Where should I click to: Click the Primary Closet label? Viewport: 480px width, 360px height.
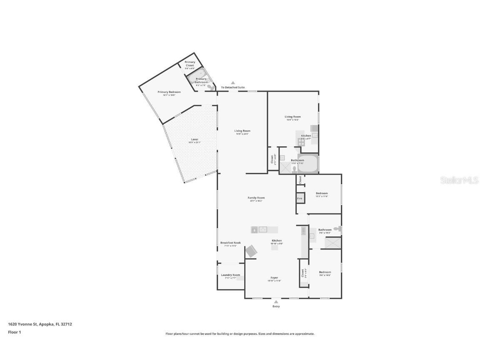pyautogui.click(x=190, y=64)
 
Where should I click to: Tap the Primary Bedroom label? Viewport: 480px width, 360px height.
pyautogui.click(x=169, y=92)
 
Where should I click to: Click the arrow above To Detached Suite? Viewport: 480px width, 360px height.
pyautogui.click(x=233, y=83)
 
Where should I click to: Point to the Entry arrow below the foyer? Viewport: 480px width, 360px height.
pyautogui.click(x=276, y=302)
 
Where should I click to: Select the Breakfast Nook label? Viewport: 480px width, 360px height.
pyautogui.click(x=230, y=243)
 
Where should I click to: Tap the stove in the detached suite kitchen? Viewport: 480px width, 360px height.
pyautogui.click(x=301, y=142)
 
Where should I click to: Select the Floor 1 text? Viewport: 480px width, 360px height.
pyautogui.click(x=14, y=332)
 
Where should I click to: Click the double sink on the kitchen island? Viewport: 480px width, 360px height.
pyautogui.click(x=263, y=229)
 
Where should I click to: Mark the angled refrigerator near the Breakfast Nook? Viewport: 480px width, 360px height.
pyautogui.click(x=251, y=251)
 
